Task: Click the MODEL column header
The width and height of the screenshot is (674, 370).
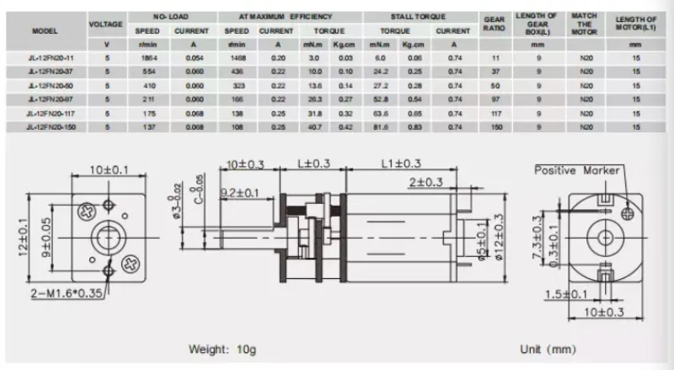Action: [x=44, y=30]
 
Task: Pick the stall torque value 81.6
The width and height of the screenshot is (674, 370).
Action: [x=380, y=126]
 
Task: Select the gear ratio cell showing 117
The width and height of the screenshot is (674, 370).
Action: [x=495, y=112]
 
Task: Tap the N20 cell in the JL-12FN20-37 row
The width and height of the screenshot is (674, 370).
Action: [x=586, y=72]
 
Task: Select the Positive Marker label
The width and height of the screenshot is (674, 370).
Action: [x=576, y=169]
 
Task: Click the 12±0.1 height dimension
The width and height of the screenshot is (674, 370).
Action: [x=19, y=239]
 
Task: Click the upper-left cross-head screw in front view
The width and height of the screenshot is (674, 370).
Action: [x=86, y=207]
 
